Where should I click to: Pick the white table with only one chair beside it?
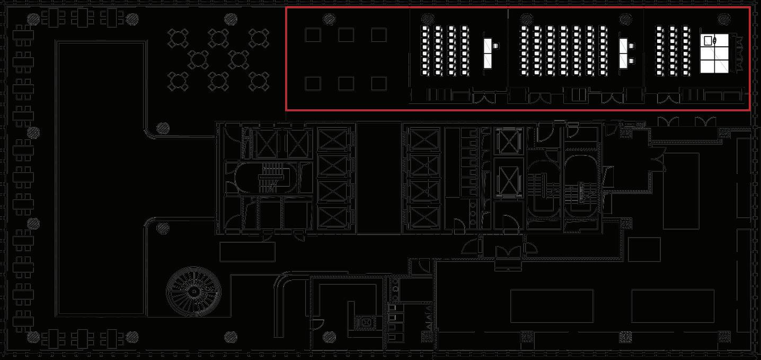(488, 52)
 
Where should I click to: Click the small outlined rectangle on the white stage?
(707, 40)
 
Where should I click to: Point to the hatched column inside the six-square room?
(329, 19)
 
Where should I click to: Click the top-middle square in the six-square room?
(346, 36)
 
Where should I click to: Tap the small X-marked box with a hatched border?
(366, 321)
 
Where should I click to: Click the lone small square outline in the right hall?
(644, 249)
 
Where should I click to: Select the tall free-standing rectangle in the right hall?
(681, 191)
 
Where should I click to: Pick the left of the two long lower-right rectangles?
(552, 306)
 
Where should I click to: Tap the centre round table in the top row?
(218, 38)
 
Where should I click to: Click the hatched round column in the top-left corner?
(34, 20)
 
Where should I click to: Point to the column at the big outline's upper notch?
(163, 128)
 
